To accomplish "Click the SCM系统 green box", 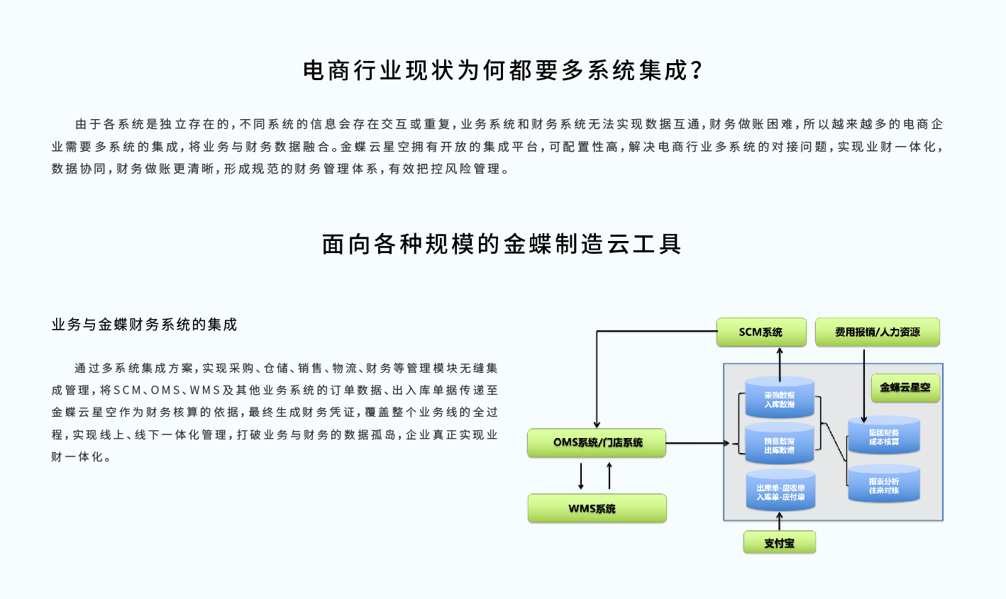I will (761, 332).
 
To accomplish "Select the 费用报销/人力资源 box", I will (877, 332).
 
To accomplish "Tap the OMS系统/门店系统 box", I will (597, 443).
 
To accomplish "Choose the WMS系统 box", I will (597, 508).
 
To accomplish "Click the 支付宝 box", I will (779, 543).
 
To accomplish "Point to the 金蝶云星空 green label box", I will (905, 388).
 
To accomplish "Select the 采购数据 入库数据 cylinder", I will (779, 398).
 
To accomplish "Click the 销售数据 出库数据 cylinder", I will (779, 444).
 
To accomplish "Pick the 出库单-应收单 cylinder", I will (780, 491).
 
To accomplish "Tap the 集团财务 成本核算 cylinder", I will (883, 436).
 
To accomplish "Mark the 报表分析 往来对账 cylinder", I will (883, 485).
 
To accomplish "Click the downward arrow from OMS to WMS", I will (581, 476).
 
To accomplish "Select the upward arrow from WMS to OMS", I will (609, 476).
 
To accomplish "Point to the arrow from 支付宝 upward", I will (780, 521).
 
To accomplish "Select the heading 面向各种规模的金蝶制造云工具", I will (502, 244).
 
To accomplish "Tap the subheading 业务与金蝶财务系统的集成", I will (144, 325).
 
